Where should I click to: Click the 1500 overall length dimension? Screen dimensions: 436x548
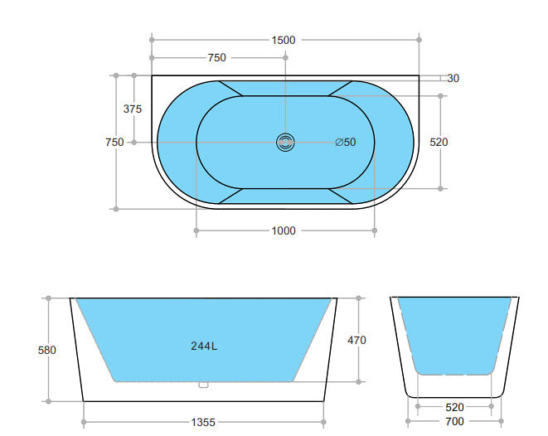pyautogui.click(x=284, y=40)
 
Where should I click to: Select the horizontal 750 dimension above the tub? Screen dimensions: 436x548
pyautogui.click(x=216, y=58)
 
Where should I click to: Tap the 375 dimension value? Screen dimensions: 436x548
pyautogui.click(x=132, y=109)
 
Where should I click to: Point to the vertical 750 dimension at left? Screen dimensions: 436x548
pyautogui.click(x=114, y=142)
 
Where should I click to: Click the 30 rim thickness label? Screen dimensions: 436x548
pyautogui.click(x=453, y=79)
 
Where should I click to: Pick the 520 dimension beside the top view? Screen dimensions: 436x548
pyautogui.click(x=439, y=142)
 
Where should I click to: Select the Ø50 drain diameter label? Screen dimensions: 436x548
pyautogui.click(x=346, y=143)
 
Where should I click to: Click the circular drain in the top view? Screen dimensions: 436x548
pyautogui.click(x=285, y=143)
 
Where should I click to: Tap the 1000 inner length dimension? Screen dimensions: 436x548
pyautogui.click(x=284, y=231)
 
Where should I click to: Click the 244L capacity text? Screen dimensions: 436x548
pyautogui.click(x=204, y=346)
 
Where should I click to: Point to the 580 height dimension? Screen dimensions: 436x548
pyautogui.click(x=47, y=350)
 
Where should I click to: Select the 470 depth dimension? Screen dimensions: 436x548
pyautogui.click(x=357, y=340)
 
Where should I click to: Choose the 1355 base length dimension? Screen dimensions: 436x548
pyautogui.click(x=202, y=422)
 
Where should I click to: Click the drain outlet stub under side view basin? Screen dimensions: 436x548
pyautogui.click(x=203, y=385)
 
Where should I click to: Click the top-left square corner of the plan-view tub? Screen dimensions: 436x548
pyautogui.click(x=153, y=77)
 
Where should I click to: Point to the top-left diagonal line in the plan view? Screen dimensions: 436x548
pyautogui.click(x=230, y=88)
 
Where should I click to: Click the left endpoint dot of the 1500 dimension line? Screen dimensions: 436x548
pyautogui.click(x=152, y=39)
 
